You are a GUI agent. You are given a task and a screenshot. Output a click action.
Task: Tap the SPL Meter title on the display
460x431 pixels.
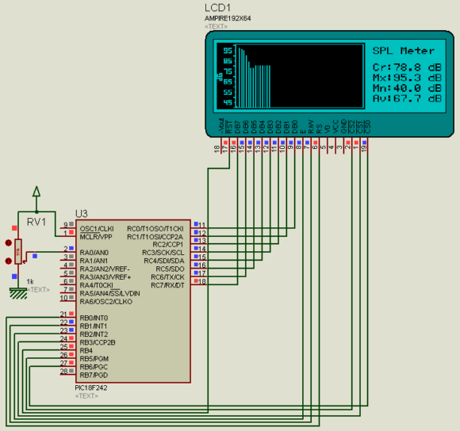[x=404, y=50]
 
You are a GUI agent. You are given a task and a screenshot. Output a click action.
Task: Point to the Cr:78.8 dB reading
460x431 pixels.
[x=407, y=68]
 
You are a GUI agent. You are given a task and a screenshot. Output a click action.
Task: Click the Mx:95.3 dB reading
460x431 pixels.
[x=407, y=78]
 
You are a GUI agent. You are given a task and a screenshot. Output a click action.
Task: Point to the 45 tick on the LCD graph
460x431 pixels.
[x=228, y=102]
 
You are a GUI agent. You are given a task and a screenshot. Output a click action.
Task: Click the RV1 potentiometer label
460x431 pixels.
[x=36, y=221]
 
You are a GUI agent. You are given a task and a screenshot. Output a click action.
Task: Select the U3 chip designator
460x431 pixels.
[x=81, y=214]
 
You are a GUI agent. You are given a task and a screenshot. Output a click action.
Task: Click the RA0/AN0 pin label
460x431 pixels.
[x=94, y=252]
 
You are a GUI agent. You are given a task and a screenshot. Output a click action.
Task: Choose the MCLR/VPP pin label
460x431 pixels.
[x=97, y=236]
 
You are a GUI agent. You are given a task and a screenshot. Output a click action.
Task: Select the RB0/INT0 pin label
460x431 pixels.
[x=94, y=318]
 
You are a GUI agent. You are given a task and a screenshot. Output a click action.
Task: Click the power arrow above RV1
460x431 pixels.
[x=36, y=191]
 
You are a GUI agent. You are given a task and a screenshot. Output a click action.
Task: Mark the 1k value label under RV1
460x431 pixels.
[x=31, y=281]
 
